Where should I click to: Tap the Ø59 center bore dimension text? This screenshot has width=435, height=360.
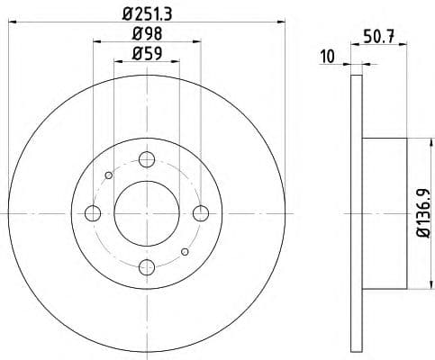pyautogui.click(x=146, y=52)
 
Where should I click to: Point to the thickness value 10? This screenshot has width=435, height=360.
pyautogui.click(x=328, y=58)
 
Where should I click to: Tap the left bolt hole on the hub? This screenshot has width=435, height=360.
pyautogui.click(x=93, y=212)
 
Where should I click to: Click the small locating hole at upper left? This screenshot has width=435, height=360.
pyautogui.click(x=108, y=175)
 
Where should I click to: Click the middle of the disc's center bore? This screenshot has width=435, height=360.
pyautogui.click(x=146, y=212)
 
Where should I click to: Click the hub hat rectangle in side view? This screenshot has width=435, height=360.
pyautogui.click(x=385, y=212)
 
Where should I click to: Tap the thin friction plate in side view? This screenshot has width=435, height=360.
pyautogui.click(x=356, y=212)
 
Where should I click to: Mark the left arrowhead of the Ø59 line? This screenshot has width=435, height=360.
pyautogui.click(x=117, y=61)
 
